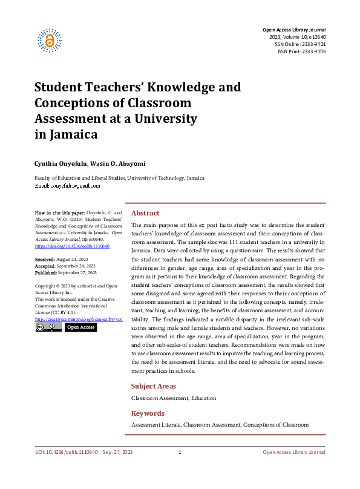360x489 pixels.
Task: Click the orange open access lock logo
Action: click(50, 40)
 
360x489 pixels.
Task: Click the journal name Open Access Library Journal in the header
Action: click(293, 30)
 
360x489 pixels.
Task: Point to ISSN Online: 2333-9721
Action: click(300, 44)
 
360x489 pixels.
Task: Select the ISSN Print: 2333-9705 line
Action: click(301, 51)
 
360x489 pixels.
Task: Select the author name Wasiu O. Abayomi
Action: click(119, 163)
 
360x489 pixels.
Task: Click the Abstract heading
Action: click(145, 213)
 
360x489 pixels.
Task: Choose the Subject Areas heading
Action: click(154, 386)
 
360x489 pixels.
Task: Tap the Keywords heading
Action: click(148, 413)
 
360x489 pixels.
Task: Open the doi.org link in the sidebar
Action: click(72, 246)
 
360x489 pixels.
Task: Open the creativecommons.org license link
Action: click(79, 319)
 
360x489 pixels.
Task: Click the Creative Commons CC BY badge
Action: click(48, 327)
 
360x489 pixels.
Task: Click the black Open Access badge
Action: click(80, 327)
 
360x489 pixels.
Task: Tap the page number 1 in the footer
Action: click(180, 453)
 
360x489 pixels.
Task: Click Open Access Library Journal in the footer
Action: click(293, 453)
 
